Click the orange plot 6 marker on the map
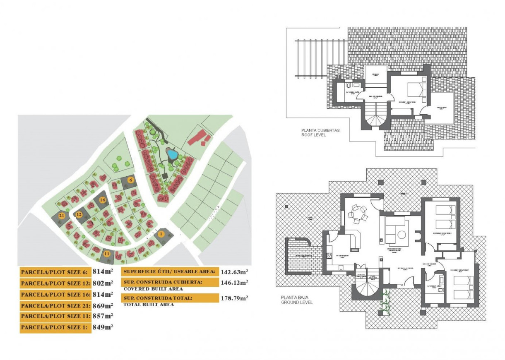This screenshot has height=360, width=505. pos(131,180)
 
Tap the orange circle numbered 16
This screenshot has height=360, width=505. pos(103,200)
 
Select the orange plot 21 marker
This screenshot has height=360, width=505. pos(62,216)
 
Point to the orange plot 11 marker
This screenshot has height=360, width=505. pos(107,254)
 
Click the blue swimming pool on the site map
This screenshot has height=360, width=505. pos(172,155)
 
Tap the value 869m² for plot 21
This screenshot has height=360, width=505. pos(103,306)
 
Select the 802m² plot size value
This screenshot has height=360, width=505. pos(103,283)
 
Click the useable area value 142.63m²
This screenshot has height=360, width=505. pos(235,271)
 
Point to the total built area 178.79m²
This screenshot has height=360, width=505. pos(235,298)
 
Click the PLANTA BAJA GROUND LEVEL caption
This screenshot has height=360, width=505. pos(296,300)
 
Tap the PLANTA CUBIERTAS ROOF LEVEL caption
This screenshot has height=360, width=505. pos(320,132)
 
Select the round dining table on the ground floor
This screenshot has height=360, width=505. pos(356,215)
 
